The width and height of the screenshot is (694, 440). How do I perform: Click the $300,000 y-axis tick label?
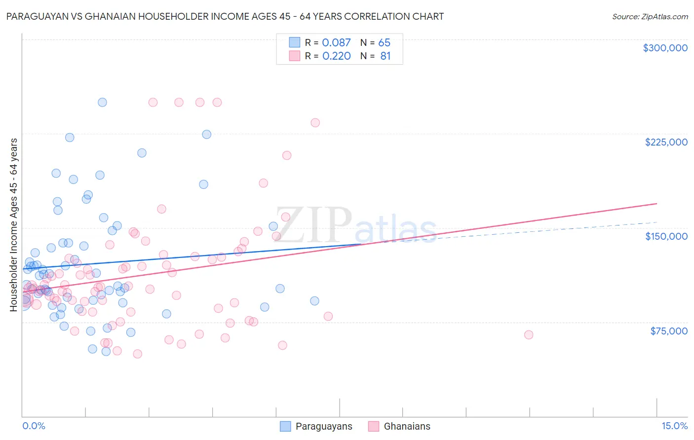665,48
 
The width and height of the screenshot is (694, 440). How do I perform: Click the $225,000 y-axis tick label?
666,142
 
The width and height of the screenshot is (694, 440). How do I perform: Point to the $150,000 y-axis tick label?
666,236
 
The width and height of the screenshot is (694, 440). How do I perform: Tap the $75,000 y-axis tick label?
668,331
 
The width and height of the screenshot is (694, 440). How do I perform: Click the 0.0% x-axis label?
34,426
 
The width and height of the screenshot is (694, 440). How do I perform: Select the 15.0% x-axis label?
674,426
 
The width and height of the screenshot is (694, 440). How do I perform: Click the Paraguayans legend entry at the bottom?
323,427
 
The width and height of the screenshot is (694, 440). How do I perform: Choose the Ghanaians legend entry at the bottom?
407,427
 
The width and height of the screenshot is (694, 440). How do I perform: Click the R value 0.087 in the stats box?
336,43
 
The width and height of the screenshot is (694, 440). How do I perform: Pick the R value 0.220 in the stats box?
336,56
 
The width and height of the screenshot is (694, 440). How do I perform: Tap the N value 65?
384,43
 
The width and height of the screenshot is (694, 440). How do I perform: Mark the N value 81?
385,56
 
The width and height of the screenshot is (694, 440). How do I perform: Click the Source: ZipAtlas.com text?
650,16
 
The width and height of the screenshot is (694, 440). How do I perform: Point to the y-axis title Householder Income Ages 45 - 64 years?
14,224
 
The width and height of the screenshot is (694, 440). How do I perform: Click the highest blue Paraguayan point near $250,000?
102,103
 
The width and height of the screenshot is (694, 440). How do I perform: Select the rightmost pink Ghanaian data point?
529,335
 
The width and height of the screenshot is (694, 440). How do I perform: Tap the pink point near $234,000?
315,123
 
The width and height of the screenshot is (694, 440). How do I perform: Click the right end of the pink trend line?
656,203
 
